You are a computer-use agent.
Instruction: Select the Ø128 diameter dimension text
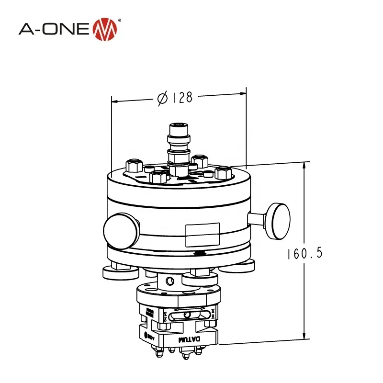coord(175,98)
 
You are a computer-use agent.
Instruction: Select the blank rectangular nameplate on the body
coord(202,234)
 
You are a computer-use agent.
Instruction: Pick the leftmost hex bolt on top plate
coord(134,166)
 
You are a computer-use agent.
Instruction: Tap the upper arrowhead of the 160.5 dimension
coord(304,166)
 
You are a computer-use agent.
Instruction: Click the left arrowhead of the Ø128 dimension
coord(115,101)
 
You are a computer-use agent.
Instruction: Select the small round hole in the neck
coord(169,279)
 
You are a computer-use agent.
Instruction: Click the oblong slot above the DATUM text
coord(190,315)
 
